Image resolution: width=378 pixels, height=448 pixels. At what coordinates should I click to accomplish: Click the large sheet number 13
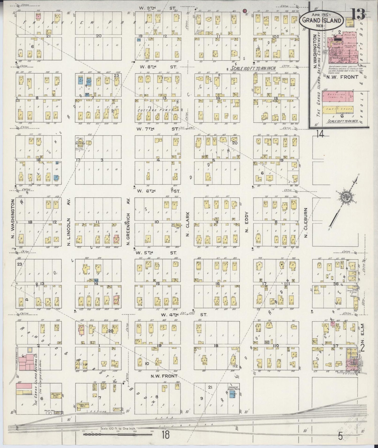coord(358,14)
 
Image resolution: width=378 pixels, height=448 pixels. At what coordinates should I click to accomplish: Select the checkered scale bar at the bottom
coord(117,434)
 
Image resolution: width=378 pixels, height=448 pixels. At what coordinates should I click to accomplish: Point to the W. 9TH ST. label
coord(157,8)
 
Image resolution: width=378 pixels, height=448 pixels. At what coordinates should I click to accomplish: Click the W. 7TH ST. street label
coord(157,129)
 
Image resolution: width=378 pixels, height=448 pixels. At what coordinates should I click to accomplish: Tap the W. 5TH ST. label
coord(156,253)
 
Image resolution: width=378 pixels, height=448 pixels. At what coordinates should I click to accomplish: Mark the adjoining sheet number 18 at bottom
coord(165,435)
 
